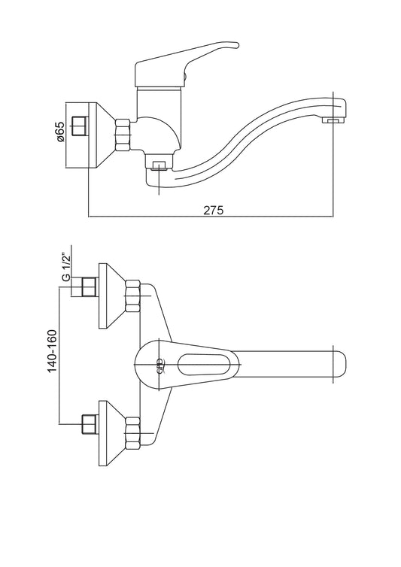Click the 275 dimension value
pos(214,210)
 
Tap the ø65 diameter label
pos(60,132)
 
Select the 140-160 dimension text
pos(53,350)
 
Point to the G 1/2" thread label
pos(66,268)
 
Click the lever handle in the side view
pos(181,65)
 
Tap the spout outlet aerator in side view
pos(334,120)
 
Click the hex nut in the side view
pos(123,135)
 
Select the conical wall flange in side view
pos(102,135)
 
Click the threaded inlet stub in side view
pos(80,126)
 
